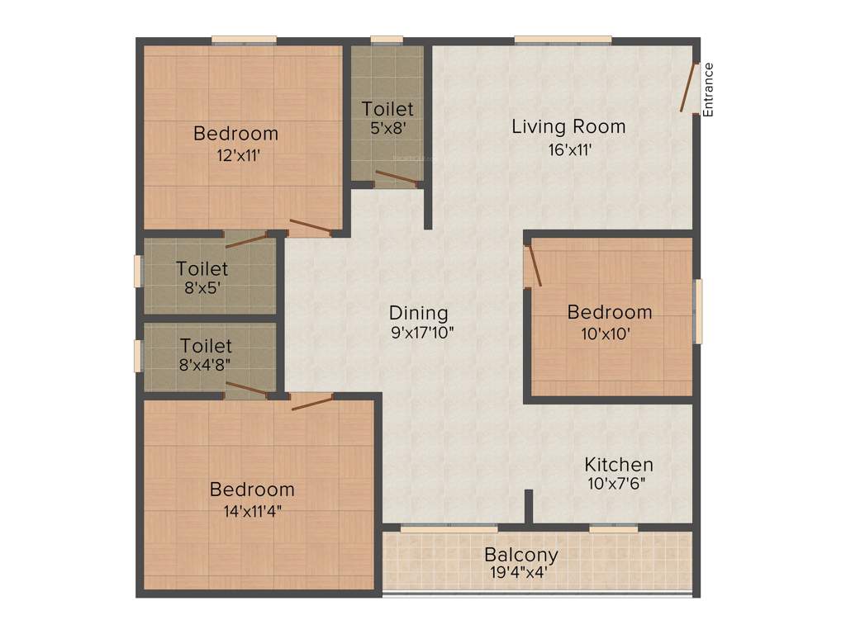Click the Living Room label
point(568,127)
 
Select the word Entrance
point(708,88)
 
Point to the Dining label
point(419,314)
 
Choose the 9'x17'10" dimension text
point(422,334)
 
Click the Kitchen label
point(619,465)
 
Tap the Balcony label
point(521,555)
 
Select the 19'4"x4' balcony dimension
point(516,573)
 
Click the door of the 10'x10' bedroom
point(534,263)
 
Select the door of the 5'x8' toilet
point(397,177)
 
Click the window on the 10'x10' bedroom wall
point(698,310)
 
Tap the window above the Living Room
point(563,39)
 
